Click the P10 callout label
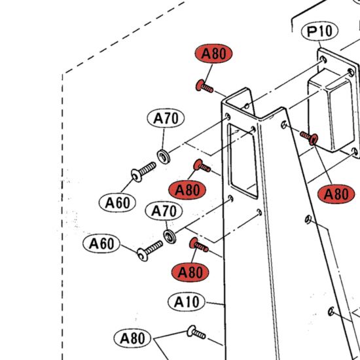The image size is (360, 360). (x=319, y=31)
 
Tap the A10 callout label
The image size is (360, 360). (x=186, y=302)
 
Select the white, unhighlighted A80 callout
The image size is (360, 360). (x=132, y=338)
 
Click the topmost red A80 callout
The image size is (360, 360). (x=213, y=54)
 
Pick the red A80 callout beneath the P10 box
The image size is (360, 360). (x=336, y=194)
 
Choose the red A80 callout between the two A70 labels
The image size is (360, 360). (x=187, y=190)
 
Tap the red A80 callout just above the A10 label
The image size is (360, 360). (x=190, y=272)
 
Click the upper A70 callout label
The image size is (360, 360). (x=166, y=118)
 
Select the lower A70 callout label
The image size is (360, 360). (x=164, y=211)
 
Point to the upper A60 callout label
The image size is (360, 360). (x=117, y=203)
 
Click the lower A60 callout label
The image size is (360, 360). (x=101, y=243)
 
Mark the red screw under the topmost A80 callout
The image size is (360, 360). (x=204, y=86)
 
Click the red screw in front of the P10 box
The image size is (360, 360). (x=309, y=137)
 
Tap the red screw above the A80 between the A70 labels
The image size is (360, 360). (x=202, y=166)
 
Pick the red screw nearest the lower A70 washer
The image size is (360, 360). (x=198, y=245)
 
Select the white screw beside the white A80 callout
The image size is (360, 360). (x=196, y=333)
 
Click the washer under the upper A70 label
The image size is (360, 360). (x=164, y=156)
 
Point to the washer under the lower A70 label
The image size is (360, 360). (x=170, y=236)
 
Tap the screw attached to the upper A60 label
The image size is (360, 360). (x=143, y=171)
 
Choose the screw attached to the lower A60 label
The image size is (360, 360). (x=149, y=251)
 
